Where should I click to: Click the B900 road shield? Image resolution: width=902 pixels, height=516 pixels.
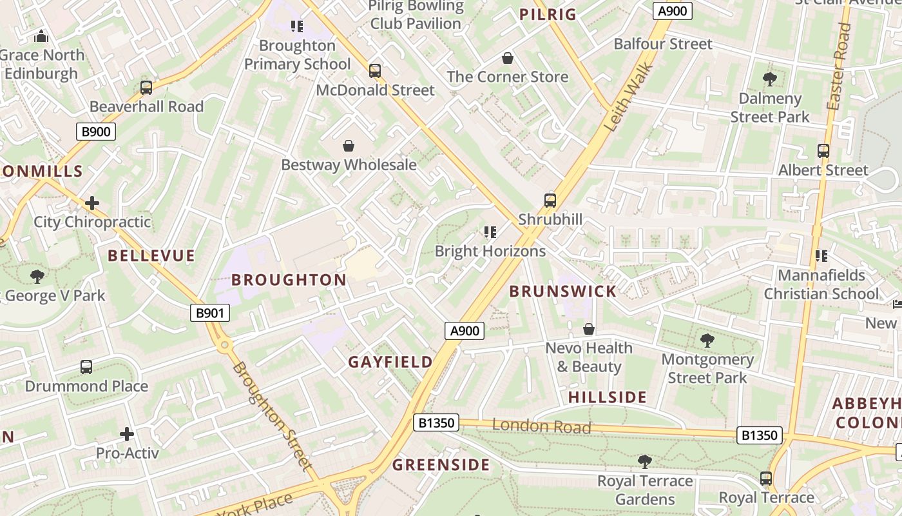click(x=96, y=132)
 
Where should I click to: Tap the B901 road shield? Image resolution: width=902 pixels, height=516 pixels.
click(x=210, y=313)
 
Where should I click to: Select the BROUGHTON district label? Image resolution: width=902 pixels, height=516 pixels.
click(x=289, y=280)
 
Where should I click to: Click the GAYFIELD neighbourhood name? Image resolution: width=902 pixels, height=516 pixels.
click(x=390, y=362)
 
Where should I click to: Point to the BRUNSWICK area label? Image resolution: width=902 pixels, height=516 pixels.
click(x=563, y=292)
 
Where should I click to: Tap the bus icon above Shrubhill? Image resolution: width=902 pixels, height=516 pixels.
click(x=550, y=200)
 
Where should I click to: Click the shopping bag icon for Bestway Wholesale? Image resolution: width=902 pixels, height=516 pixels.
click(x=349, y=146)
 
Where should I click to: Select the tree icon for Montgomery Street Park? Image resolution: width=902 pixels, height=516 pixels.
click(x=707, y=340)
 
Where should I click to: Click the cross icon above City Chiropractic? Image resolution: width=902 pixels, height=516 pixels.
click(x=92, y=203)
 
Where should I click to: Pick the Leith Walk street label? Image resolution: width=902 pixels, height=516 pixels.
click(x=630, y=97)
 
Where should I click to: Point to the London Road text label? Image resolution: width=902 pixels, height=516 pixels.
click(x=541, y=426)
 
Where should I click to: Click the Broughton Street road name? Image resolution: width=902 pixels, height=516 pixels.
click(x=273, y=416)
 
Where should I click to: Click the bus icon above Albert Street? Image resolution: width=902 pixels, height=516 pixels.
click(x=823, y=151)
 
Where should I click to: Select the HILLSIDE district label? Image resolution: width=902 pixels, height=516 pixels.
click(x=607, y=397)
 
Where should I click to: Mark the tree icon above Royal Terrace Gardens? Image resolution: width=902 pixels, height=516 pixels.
click(x=644, y=461)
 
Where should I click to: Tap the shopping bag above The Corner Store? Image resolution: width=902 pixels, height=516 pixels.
click(x=508, y=58)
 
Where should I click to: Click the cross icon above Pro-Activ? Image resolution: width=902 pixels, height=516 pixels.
click(x=127, y=433)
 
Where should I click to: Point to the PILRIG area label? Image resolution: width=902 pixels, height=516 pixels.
click(x=548, y=15)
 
